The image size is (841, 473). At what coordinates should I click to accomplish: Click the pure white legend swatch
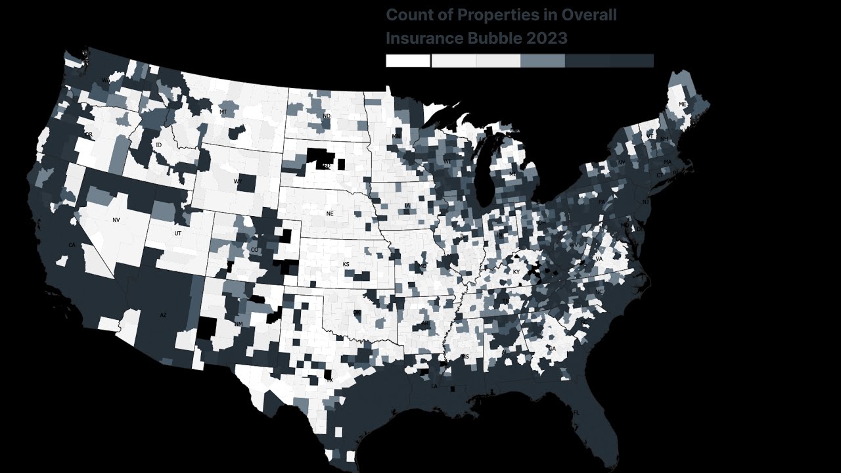407,60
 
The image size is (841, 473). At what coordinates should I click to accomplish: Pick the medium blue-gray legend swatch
542,60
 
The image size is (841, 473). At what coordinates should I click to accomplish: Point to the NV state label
116,220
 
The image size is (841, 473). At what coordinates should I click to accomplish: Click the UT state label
178,233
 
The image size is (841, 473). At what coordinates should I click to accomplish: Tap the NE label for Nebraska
330,214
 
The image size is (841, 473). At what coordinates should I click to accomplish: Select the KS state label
346,264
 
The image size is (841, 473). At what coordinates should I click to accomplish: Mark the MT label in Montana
223,112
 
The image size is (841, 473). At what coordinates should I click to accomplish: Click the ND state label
327,117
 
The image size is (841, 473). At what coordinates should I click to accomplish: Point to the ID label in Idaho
158,145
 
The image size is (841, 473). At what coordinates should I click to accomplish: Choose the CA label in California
72,245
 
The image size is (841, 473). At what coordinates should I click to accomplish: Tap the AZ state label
164,315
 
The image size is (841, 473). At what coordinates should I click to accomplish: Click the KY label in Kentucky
516,272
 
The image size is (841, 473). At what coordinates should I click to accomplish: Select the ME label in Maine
682,104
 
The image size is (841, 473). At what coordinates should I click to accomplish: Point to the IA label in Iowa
407,206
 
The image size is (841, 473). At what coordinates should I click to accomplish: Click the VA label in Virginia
599,259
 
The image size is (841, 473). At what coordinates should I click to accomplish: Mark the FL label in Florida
577,413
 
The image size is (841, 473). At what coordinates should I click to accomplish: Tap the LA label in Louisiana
434,386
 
